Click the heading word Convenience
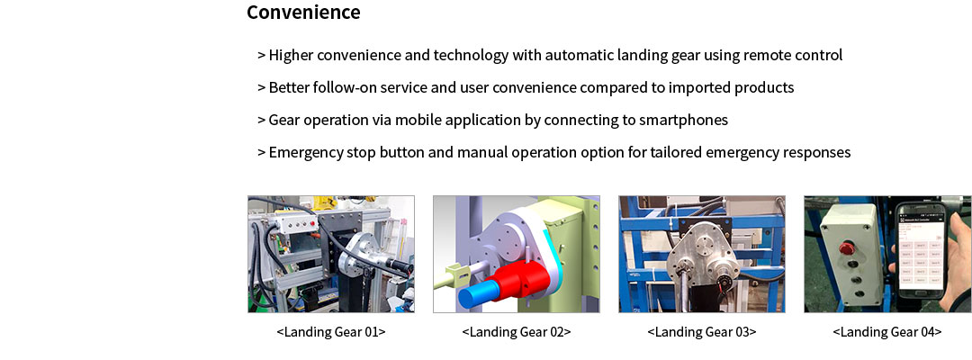coord(303,13)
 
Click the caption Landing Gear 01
coord(331,331)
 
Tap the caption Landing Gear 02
coord(517,331)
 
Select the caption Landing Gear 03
coord(702,331)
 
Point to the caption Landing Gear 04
coord(887,331)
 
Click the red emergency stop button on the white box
coord(846,248)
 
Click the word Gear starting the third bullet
coord(282,120)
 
